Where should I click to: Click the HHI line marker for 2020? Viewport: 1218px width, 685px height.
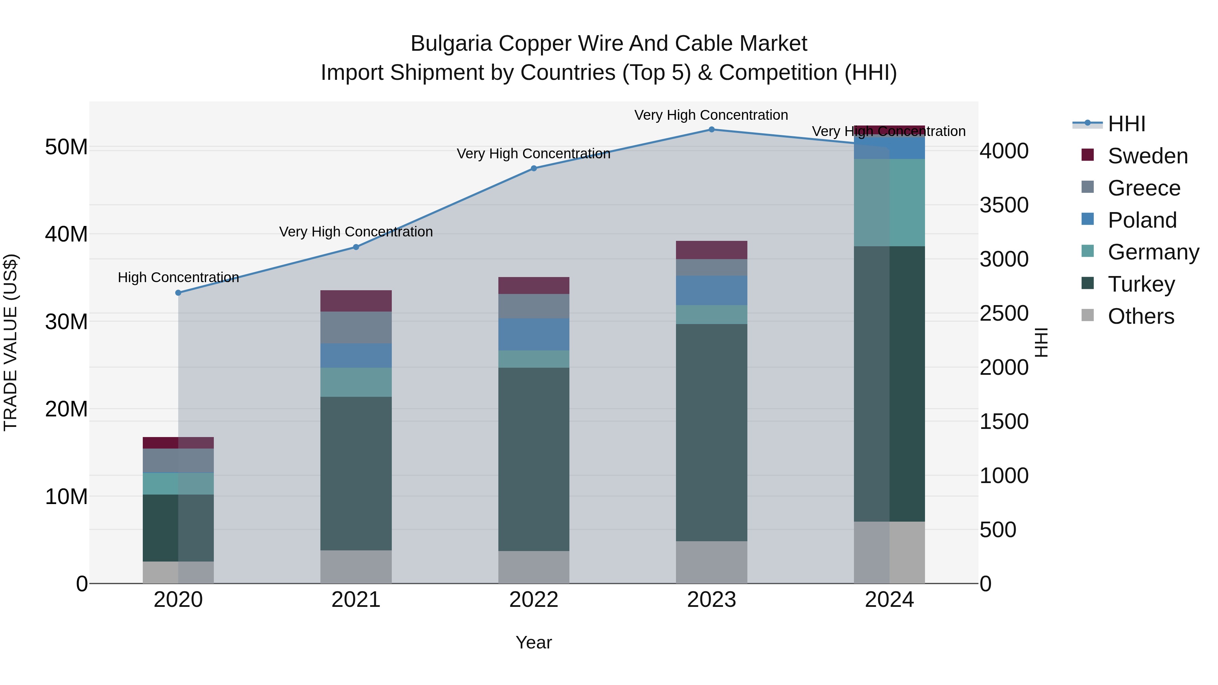click(x=178, y=293)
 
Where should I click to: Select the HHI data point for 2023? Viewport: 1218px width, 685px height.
click(x=712, y=130)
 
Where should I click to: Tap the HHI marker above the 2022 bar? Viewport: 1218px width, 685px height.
click(x=534, y=168)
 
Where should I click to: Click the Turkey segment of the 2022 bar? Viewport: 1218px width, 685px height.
click(x=534, y=459)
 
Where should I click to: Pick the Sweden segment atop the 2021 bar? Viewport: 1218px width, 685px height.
click(x=356, y=301)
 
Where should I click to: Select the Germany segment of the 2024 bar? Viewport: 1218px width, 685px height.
click(x=889, y=202)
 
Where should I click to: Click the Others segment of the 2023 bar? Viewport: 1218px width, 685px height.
click(x=712, y=562)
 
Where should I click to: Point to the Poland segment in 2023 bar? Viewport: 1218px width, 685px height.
click(x=712, y=290)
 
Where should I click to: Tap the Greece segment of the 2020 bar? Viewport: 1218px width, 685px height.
click(x=178, y=460)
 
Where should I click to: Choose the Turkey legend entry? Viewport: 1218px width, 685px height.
click(x=1141, y=284)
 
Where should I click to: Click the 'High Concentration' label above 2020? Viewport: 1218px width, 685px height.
click(x=178, y=277)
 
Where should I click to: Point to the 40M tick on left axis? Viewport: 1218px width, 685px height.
click(x=66, y=234)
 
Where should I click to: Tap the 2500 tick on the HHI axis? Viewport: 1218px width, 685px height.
click(x=1003, y=314)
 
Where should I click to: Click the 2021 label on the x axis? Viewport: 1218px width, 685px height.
click(x=356, y=600)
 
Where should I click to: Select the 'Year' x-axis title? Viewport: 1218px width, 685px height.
click(x=534, y=642)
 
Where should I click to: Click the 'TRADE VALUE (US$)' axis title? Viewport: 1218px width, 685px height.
click(x=10, y=342)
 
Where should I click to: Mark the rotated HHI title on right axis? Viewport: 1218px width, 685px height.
click(x=1041, y=342)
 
